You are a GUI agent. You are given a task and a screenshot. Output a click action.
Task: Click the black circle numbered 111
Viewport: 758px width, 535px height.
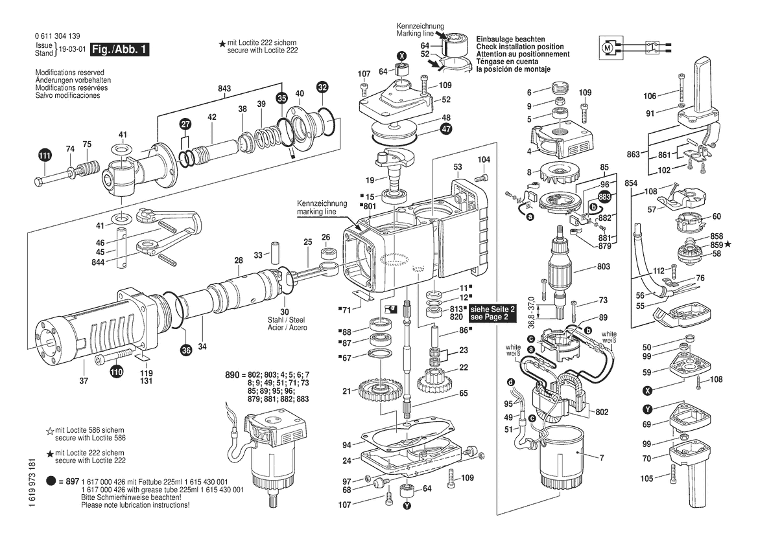pos(44,155)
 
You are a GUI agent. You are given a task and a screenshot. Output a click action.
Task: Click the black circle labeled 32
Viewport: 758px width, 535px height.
pos(322,86)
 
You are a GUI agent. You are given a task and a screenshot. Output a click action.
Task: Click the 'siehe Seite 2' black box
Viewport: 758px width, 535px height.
pos(493,313)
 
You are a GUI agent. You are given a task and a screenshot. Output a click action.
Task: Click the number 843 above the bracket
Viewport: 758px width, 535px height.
pos(224,88)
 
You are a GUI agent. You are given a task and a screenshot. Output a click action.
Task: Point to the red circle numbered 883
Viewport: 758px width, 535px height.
pos(604,197)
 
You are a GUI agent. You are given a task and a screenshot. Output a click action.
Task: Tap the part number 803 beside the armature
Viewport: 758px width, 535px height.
pos(604,266)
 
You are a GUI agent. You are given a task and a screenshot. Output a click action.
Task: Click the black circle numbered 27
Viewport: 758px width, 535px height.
pos(186,124)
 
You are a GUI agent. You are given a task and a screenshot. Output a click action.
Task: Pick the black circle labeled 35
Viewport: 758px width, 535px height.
pos(281,98)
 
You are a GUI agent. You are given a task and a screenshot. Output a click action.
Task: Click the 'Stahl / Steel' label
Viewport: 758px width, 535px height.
pos(285,319)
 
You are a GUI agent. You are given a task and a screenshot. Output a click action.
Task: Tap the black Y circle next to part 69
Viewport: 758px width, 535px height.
pos(646,409)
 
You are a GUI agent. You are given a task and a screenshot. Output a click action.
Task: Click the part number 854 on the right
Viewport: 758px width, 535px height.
pos(631,184)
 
